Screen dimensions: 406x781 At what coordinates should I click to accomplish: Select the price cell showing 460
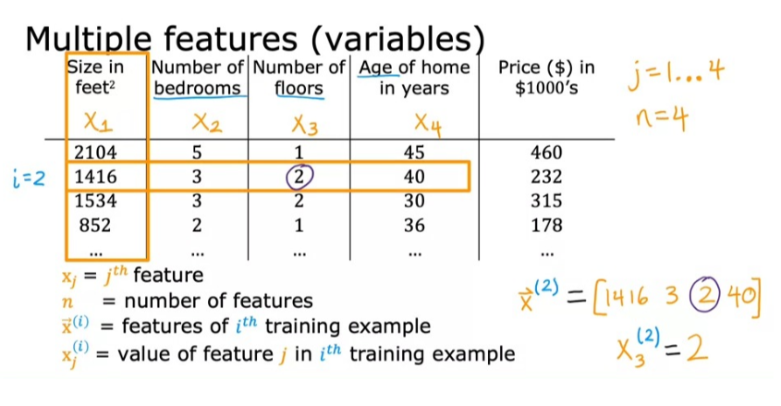(x=547, y=153)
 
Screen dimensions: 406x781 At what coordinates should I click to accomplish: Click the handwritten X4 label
(x=426, y=123)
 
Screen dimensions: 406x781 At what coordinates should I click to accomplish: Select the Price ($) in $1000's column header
(x=545, y=78)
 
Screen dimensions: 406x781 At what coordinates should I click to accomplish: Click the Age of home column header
(x=413, y=78)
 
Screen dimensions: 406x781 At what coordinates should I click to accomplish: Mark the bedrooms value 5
(x=197, y=153)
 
